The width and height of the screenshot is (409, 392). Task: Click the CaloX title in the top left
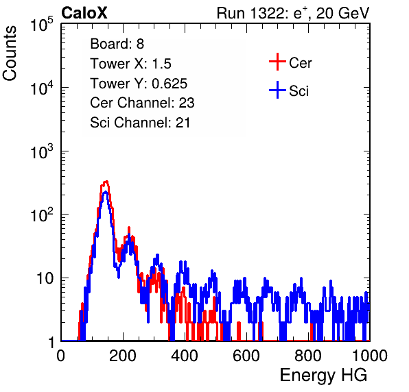pos(84,13)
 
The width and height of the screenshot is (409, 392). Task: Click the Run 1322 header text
pos(293,13)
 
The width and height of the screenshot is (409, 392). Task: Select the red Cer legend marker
pos(277,62)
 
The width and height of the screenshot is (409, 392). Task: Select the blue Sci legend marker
pos(277,90)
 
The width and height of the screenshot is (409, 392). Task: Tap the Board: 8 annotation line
pos(117,44)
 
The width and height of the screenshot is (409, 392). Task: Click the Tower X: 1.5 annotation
pos(130,64)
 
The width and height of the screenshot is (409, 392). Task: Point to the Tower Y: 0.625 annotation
pos(139,84)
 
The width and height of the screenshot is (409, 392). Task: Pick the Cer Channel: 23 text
pos(142,103)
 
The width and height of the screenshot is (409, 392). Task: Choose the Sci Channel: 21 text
pos(140,123)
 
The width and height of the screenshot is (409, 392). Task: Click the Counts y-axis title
pos(10,53)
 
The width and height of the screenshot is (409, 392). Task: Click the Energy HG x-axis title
pos(323,376)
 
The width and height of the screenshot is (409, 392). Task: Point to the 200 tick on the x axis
pos(123,356)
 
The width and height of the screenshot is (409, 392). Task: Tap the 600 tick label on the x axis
pos(246,356)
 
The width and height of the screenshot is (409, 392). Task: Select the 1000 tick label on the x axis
pos(370,356)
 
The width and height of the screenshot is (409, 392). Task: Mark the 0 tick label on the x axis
pos(61,356)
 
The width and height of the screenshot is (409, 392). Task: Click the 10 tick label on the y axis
pos(45,278)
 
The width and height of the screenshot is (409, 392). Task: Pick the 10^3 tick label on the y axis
pos(42,151)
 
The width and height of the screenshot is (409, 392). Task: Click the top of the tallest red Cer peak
pos(106,182)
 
